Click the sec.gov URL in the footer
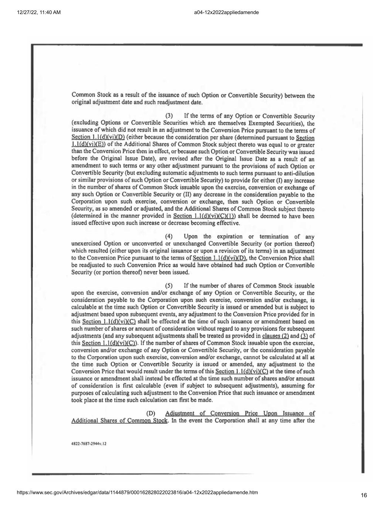click(137, 492)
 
